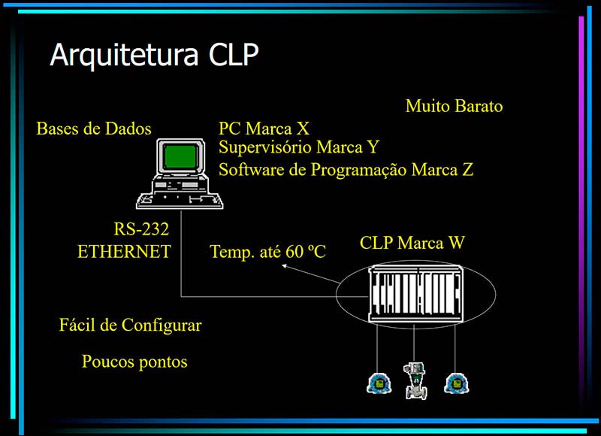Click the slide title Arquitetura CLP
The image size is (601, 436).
tap(154, 55)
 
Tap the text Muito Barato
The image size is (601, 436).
tap(454, 106)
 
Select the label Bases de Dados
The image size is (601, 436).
tap(93, 129)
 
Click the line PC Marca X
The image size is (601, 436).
tap(264, 129)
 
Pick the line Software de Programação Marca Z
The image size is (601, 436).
tap(346, 169)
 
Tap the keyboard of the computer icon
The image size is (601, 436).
tap(180, 200)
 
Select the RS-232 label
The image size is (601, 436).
tap(141, 229)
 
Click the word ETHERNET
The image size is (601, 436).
tap(124, 252)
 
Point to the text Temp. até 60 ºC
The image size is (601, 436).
tap(267, 251)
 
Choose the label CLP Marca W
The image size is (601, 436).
tap(412, 243)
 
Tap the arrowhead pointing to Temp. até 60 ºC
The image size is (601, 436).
tap(283, 265)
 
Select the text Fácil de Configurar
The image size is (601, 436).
tap(130, 325)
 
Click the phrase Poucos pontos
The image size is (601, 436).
tap(134, 362)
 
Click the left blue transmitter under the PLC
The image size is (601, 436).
tap(379, 383)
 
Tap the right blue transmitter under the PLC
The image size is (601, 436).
tap(455, 383)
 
